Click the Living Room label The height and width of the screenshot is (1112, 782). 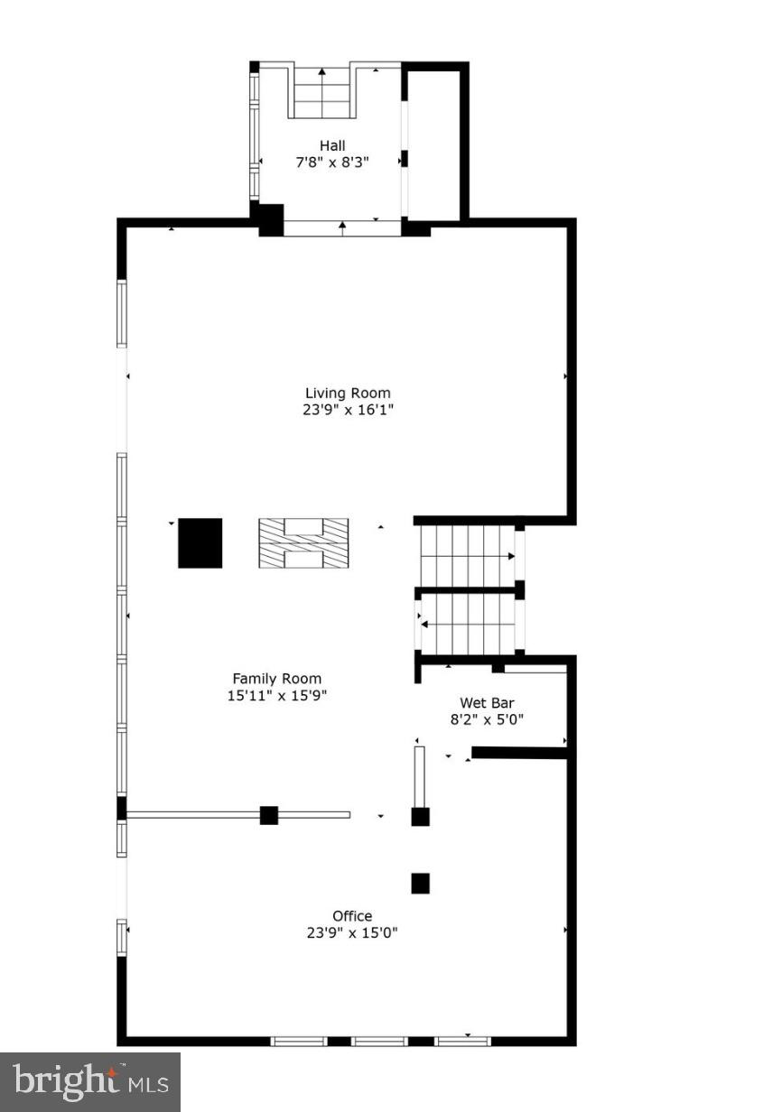point(348,393)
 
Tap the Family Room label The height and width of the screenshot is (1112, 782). point(276,679)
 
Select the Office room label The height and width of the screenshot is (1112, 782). point(351,915)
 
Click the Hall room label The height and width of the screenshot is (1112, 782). point(331,145)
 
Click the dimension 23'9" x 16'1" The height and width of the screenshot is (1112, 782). point(348,410)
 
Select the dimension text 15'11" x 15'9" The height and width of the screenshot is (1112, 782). point(276,696)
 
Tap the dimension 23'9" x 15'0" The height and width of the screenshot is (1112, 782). point(351,932)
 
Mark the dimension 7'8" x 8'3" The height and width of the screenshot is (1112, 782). point(331,162)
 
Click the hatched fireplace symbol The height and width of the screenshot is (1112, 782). point(303,543)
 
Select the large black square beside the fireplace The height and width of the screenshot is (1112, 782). point(200,542)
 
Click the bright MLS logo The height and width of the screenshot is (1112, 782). point(89,1080)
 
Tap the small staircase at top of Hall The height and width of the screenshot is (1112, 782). point(321,92)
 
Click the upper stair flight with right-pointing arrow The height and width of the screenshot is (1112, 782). point(467,555)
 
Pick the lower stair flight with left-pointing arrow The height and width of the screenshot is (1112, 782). point(467,622)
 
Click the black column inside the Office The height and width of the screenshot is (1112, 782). point(420,884)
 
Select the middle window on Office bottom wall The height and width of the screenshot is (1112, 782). point(379,1041)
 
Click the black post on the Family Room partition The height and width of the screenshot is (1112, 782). point(268,815)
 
